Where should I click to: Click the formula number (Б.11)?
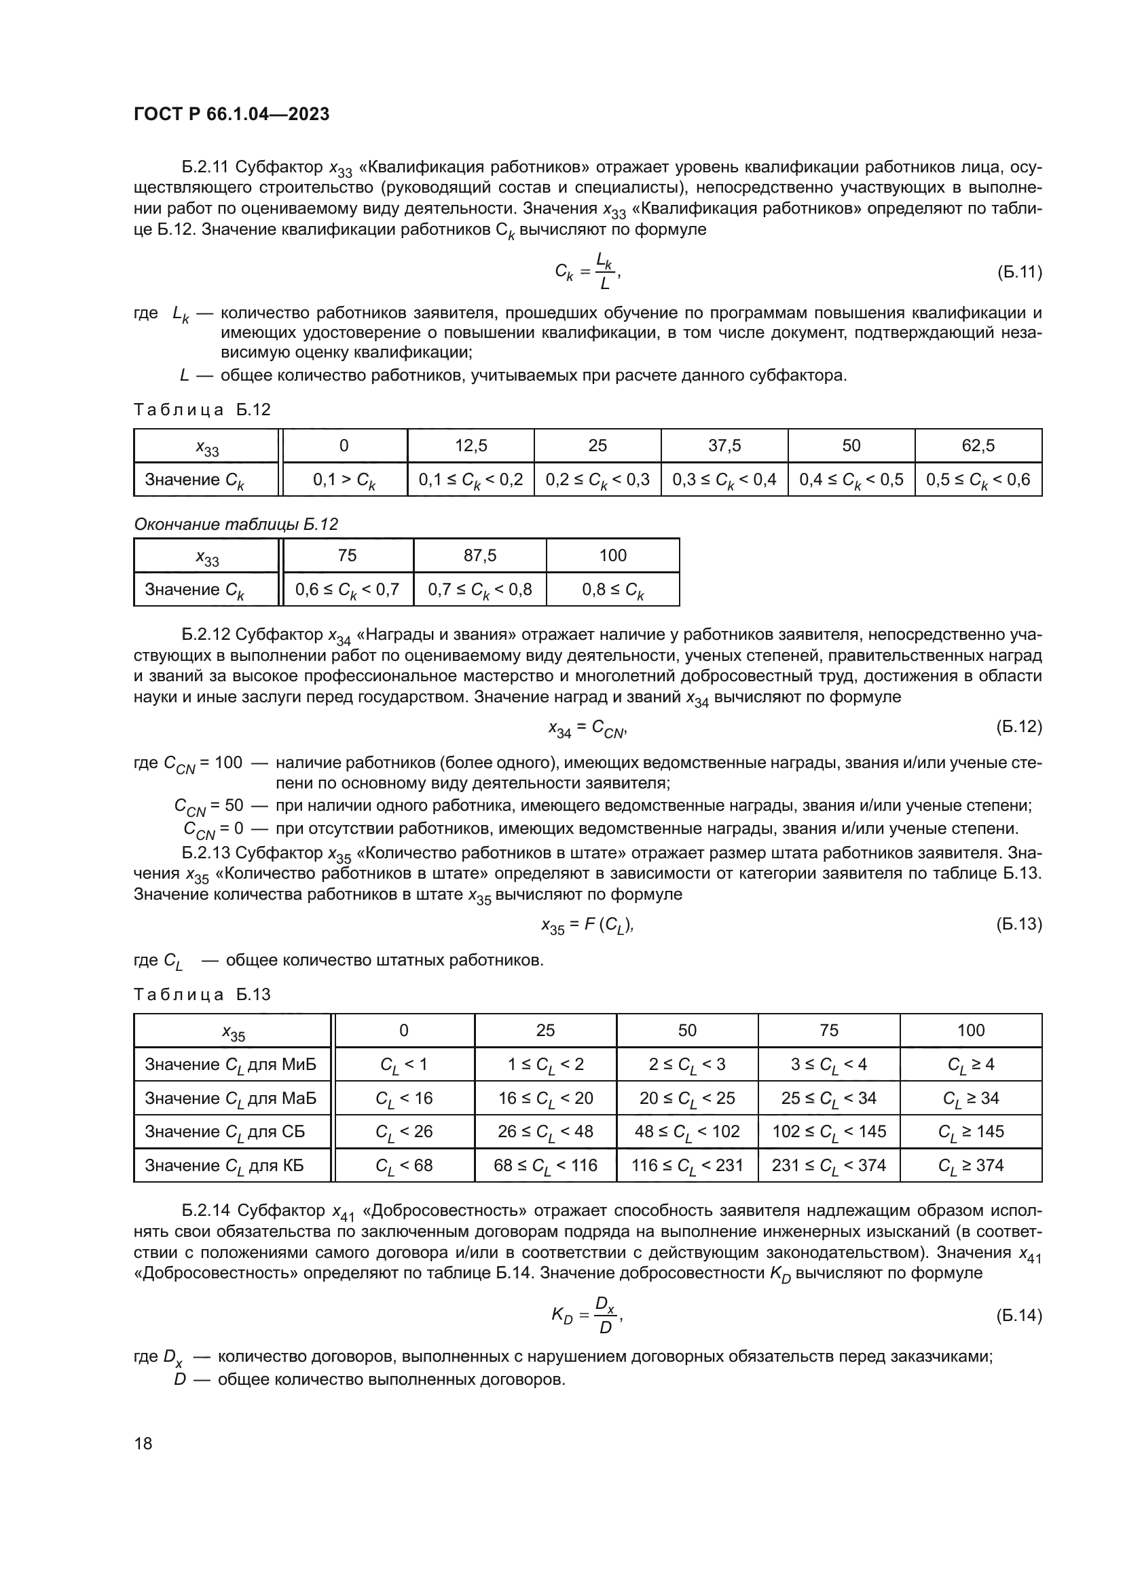point(1018,272)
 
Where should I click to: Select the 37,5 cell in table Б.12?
point(724,446)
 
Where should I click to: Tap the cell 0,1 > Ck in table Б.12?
point(344,480)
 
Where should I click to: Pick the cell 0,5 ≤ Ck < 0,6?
point(978,480)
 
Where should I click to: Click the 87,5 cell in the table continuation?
point(479,556)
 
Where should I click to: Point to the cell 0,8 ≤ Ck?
point(612,590)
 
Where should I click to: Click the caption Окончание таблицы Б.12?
point(236,524)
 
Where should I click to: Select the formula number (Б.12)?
point(1018,727)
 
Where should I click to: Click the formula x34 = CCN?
point(587,728)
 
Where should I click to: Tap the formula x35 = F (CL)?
point(587,925)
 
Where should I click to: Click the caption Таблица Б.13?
point(202,995)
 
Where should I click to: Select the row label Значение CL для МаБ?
point(230,1098)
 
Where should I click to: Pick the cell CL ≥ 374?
point(970,1166)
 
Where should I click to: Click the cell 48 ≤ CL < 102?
point(686,1132)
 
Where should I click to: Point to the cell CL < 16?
point(404,1098)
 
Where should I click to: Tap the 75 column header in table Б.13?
point(828,1031)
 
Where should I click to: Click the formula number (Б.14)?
point(1018,1316)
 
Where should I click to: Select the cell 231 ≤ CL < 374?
point(828,1166)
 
